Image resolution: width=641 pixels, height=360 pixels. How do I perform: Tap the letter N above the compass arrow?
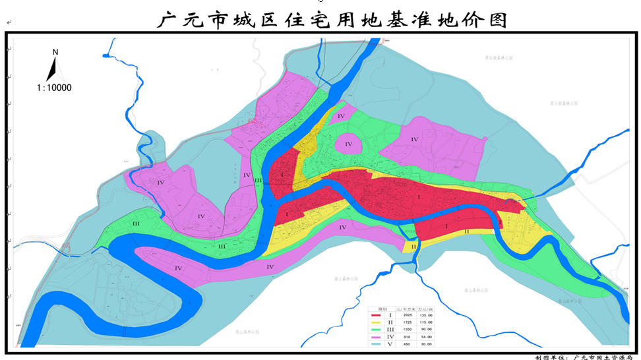tap(55, 51)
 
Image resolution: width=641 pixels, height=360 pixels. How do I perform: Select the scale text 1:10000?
tap(54, 87)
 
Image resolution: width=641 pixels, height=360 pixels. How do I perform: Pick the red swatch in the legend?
tap(376, 315)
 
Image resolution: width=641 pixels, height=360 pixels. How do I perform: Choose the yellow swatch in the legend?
tap(376, 322)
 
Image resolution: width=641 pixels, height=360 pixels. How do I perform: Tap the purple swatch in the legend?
tap(376, 338)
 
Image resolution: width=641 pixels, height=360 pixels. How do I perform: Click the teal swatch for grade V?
tap(376, 344)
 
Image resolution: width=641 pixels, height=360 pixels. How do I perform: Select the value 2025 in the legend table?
tap(408, 315)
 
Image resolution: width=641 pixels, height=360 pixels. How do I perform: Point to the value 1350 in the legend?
tap(408, 330)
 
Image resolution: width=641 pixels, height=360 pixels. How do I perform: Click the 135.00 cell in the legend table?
tap(426, 315)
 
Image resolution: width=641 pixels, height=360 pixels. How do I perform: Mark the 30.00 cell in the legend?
tap(426, 344)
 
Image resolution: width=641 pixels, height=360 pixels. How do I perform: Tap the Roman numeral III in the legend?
tap(390, 330)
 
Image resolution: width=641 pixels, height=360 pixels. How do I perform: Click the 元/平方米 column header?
tap(406, 309)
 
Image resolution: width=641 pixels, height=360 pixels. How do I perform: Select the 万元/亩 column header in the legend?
tap(425, 309)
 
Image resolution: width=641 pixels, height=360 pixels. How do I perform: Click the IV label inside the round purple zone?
tap(349, 144)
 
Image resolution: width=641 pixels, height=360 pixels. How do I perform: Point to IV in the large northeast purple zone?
tap(415, 139)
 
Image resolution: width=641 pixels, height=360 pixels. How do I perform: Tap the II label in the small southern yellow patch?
tap(413, 247)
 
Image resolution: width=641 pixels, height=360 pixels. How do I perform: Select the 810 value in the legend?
tap(407, 337)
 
